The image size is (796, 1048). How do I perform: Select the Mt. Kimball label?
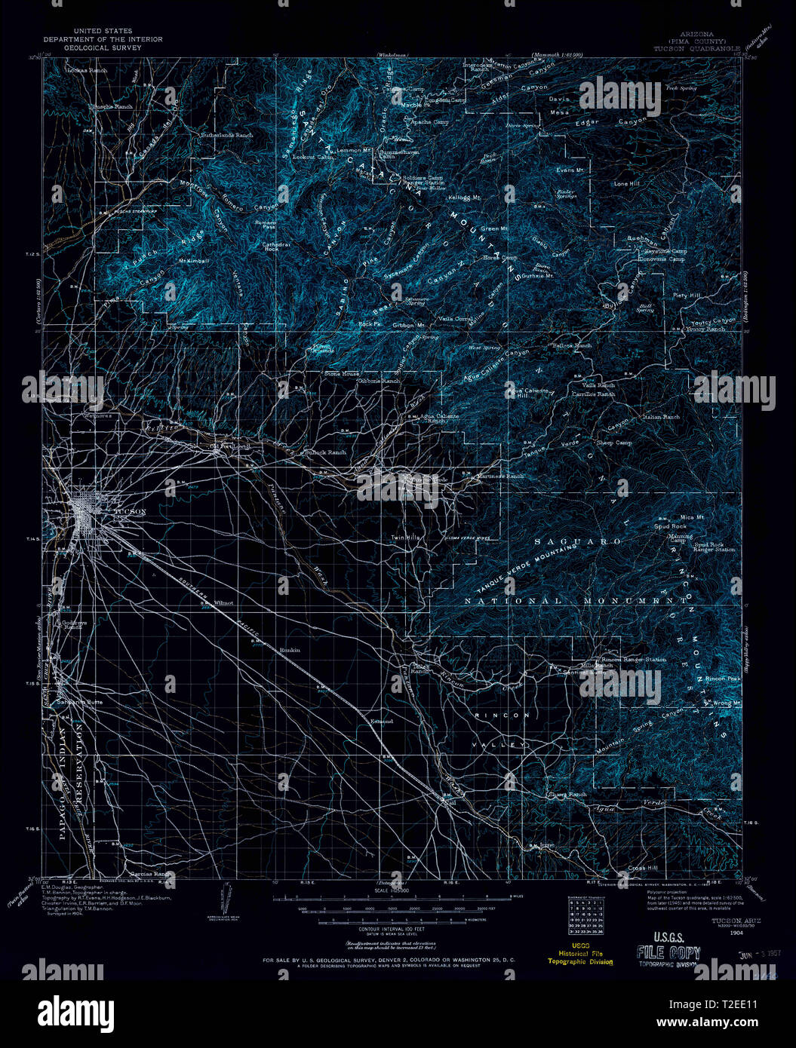(x=192, y=261)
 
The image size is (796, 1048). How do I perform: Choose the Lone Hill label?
(x=627, y=184)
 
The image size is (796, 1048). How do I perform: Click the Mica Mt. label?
(x=692, y=517)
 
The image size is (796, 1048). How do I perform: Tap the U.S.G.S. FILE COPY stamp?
(x=669, y=951)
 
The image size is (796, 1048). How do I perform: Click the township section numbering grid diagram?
(x=583, y=915)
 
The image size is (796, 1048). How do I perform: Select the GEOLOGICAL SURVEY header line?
(x=88, y=44)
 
